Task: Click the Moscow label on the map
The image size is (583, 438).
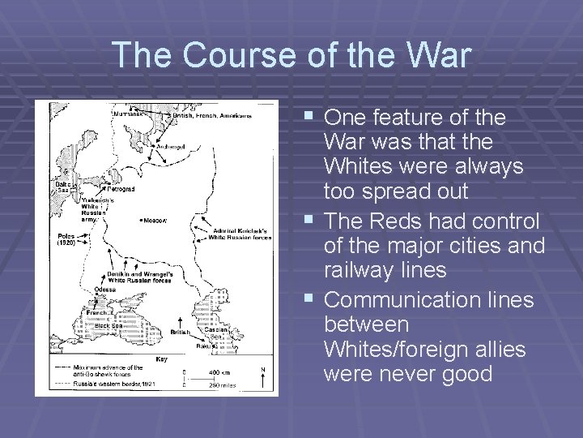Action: point(154,220)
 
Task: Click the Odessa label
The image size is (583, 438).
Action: point(106,290)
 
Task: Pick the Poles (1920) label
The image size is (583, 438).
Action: point(66,239)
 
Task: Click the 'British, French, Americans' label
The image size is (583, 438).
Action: point(211,115)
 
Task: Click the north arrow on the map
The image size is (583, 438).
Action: point(263,377)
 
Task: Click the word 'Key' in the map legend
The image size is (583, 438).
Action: point(162,358)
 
